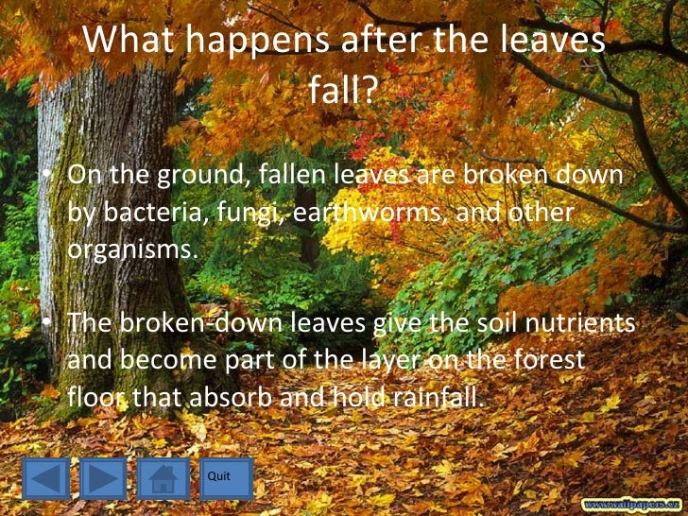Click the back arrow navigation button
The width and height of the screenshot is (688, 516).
46,478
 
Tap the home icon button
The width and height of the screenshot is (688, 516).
163,478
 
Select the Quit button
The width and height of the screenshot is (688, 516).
225,478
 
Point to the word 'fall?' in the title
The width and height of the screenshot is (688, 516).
343,91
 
